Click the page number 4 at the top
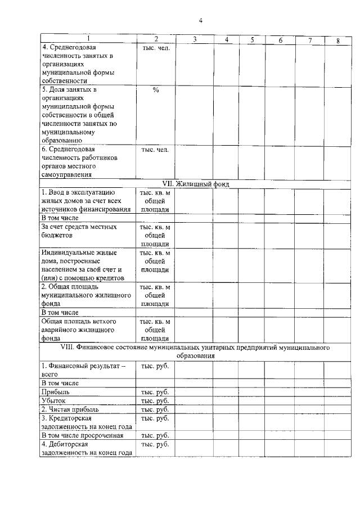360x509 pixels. tap(200, 21)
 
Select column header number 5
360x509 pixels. tap(253, 39)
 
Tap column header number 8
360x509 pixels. tap(337, 40)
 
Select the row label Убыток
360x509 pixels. tap(54, 400)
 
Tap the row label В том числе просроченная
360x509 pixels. tap(82, 435)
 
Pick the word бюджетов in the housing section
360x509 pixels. tap(58, 236)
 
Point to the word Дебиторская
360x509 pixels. tap(69, 444)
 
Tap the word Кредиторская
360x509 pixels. tap(70, 418)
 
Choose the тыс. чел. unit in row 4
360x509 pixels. tap(155, 48)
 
